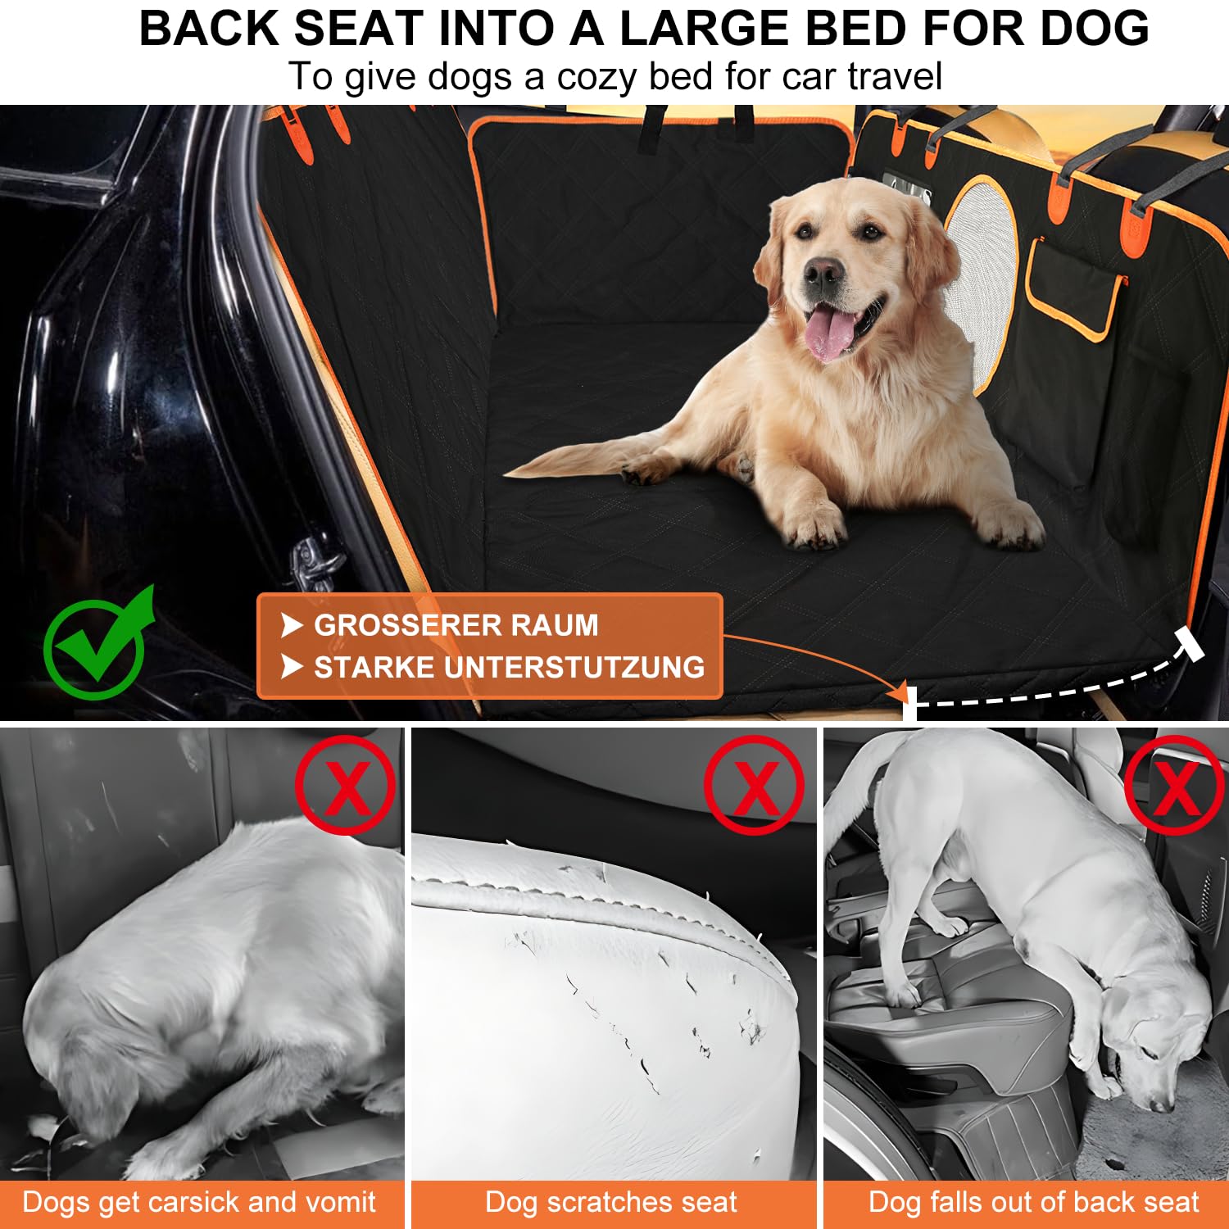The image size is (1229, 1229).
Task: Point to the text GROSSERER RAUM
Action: click(x=456, y=625)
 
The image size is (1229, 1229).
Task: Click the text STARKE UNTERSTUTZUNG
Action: click(x=509, y=667)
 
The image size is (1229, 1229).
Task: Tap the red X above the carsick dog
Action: click(x=347, y=785)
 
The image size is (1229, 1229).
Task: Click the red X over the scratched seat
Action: click(x=755, y=785)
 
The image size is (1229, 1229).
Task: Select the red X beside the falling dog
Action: click(x=1175, y=785)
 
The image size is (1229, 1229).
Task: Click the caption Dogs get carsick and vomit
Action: click(x=199, y=1202)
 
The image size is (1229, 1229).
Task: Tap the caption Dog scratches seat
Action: click(x=611, y=1202)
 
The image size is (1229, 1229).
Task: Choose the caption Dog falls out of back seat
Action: click(x=1033, y=1202)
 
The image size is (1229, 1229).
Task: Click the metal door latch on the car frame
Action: click(x=315, y=561)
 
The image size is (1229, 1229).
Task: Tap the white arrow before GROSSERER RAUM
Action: click(x=292, y=625)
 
